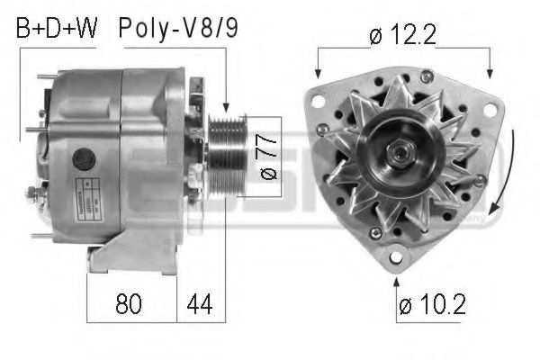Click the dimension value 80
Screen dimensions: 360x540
[x=129, y=305]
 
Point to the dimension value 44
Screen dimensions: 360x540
[x=201, y=305]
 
